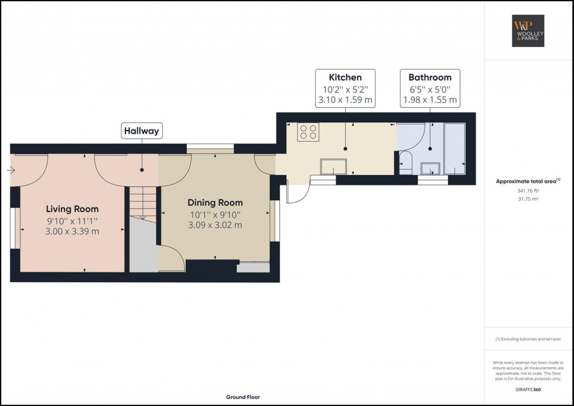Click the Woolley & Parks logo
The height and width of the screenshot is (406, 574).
[x=528, y=30]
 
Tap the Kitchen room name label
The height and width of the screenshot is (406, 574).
[x=345, y=77]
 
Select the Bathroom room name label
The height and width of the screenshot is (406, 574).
[x=430, y=77]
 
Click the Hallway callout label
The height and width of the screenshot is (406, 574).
[x=142, y=131]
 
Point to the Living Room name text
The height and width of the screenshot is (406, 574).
[x=72, y=209]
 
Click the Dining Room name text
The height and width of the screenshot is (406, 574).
[x=215, y=203]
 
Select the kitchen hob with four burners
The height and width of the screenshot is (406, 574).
[x=308, y=132]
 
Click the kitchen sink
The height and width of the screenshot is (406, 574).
[x=333, y=167]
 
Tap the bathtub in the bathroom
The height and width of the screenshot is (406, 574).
[x=455, y=149]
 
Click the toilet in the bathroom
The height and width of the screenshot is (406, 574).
[x=405, y=163]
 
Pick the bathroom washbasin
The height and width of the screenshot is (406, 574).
[x=430, y=168]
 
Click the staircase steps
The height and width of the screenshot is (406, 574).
[x=143, y=203]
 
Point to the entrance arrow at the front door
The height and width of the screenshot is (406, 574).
[x=11, y=170]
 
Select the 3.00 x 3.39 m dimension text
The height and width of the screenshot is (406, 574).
[x=72, y=231]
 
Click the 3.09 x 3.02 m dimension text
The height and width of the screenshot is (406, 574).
[x=215, y=225]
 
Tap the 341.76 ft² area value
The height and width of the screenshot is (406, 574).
[x=528, y=191]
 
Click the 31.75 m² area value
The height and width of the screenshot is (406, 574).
[x=528, y=199]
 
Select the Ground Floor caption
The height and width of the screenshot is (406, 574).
[x=243, y=397]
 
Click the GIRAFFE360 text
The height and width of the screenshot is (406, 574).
[x=528, y=390]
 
